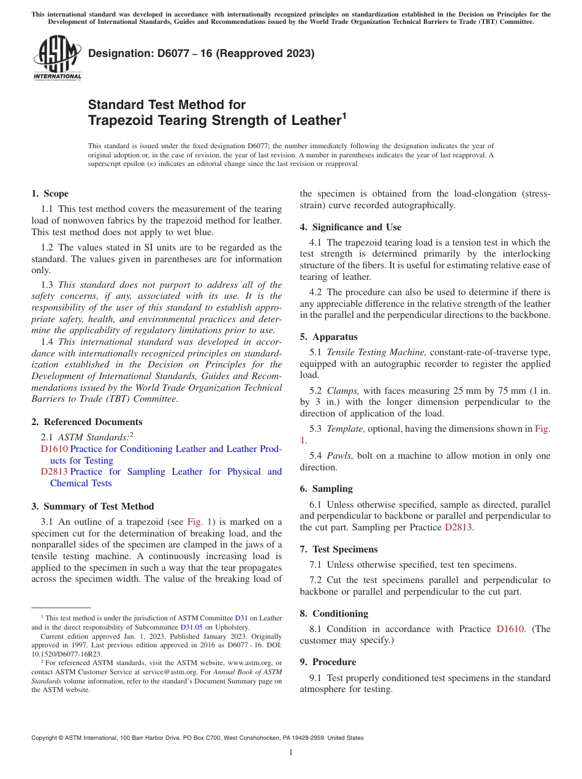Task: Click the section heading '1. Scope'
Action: pos(50,194)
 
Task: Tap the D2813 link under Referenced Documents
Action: pos(54,472)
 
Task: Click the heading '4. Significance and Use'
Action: pos(350,227)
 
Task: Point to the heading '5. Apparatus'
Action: pos(328,337)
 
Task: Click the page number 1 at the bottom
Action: pos(291,752)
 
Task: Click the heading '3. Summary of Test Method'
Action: pos(93,506)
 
